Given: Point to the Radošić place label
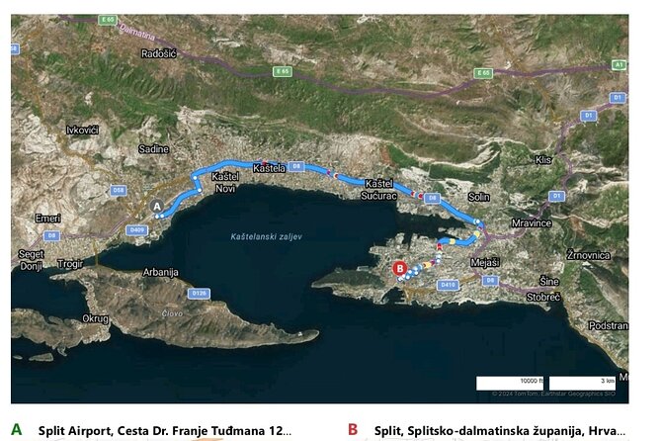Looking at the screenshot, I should coord(158,53).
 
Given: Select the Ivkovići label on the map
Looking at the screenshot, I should coord(82,130).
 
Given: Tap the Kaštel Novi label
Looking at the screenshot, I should coord(225,183).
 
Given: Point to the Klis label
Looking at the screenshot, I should coord(541,158).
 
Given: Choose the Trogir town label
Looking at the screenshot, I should coord(72,264).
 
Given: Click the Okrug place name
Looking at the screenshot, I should coord(95,318).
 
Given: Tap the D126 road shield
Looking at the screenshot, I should coord(199,293).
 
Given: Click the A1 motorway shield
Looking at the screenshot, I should coord(619,64).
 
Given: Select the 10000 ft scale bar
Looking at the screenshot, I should coord(509,382).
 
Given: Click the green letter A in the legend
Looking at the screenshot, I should coord(16,429).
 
